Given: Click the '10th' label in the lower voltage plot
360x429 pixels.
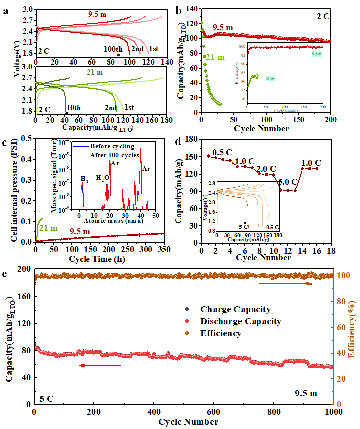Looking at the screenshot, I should coord(72,108).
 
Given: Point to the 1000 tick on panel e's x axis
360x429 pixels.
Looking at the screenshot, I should coord(334,412).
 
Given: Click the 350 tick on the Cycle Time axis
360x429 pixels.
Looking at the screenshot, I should coord(163,249).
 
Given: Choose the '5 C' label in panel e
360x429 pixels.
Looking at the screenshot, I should coord(46,399).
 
